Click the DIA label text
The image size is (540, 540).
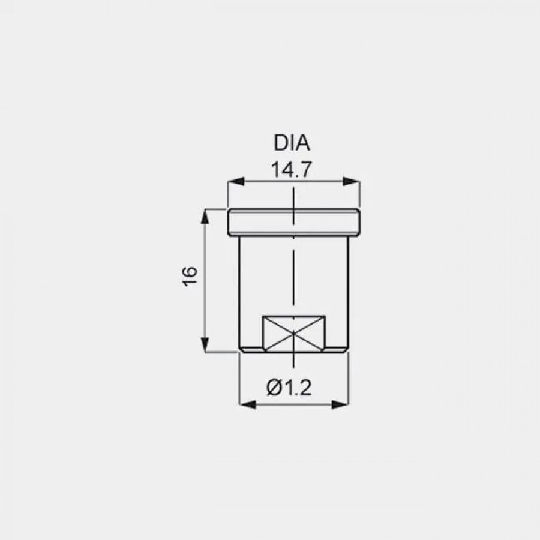coord(292,143)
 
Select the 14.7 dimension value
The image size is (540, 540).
coord(292,169)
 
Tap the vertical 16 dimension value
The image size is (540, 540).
coord(190,276)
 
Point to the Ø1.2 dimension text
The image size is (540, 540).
coord(289,388)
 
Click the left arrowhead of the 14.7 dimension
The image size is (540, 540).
coord(236,181)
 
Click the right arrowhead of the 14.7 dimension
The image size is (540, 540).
coord(351,181)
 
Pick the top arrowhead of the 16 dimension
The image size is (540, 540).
coord(205,217)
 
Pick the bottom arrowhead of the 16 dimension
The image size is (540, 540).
coord(205,344)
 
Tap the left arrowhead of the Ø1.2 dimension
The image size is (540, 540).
coord(247,404)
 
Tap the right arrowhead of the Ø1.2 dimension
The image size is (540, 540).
coord(340,404)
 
